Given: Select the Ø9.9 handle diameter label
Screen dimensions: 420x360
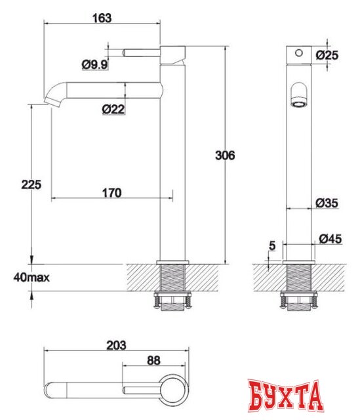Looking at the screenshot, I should coord(94,64).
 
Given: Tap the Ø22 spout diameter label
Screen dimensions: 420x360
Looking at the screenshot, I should coord(113,110).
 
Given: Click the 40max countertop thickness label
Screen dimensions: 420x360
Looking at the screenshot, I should coord(31,277).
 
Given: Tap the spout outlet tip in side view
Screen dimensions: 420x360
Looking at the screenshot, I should coord(50,100).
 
